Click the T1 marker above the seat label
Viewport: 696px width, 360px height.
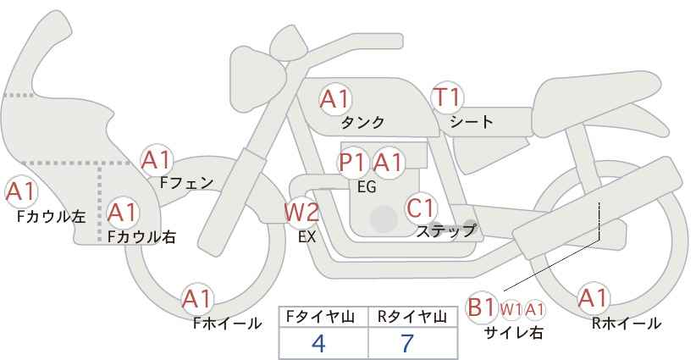[447, 97]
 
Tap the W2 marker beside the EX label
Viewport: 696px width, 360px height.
[301, 212]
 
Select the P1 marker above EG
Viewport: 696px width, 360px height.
[353, 163]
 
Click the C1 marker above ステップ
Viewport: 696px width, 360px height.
[420, 208]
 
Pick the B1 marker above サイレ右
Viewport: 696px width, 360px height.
[481, 307]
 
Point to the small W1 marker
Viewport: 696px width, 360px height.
[511, 309]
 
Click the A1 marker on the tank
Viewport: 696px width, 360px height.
[335, 99]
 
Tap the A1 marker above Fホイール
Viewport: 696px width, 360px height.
[197, 299]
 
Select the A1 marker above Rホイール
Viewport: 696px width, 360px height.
[593, 298]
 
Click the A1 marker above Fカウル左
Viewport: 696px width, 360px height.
[21, 191]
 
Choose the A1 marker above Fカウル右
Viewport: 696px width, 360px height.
[123, 213]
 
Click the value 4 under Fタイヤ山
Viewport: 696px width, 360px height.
[318, 343]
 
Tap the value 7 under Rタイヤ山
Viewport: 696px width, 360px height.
[407, 343]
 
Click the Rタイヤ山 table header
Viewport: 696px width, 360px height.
[412, 317]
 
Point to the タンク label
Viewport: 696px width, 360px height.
[362, 122]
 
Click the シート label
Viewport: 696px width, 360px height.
[472, 122]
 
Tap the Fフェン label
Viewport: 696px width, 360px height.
[186, 182]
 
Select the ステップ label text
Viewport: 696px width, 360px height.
[445, 231]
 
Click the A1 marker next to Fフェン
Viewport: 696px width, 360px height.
[157, 160]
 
